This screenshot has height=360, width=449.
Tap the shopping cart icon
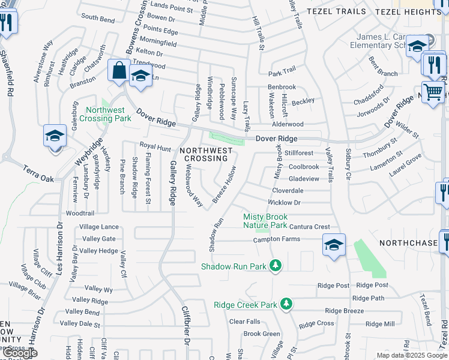click(x=433, y=92)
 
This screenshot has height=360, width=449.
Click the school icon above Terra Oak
click(x=54, y=136)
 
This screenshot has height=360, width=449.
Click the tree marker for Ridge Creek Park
click(x=288, y=304)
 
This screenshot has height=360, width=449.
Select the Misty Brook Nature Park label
click(x=265, y=220)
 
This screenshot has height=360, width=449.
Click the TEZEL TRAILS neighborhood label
click(x=336, y=11)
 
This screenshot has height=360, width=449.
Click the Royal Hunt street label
click(x=155, y=146)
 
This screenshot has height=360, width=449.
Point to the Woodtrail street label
click(x=80, y=213)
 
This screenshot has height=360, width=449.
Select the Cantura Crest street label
click(x=309, y=227)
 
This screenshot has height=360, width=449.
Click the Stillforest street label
click(x=299, y=154)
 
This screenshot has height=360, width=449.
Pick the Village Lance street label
click(x=99, y=227)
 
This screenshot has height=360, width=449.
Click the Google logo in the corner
click(x=20, y=353)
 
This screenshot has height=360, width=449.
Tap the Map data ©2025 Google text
click(x=411, y=355)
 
